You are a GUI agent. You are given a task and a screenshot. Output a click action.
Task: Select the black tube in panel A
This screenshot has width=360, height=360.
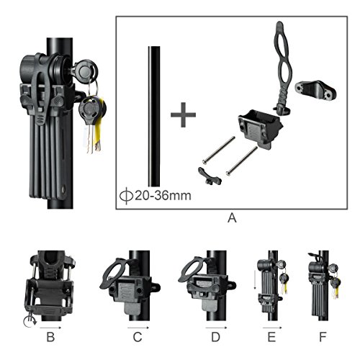(x=153, y=115)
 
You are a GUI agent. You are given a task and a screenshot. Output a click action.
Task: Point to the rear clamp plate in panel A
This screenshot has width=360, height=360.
(x=321, y=92)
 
